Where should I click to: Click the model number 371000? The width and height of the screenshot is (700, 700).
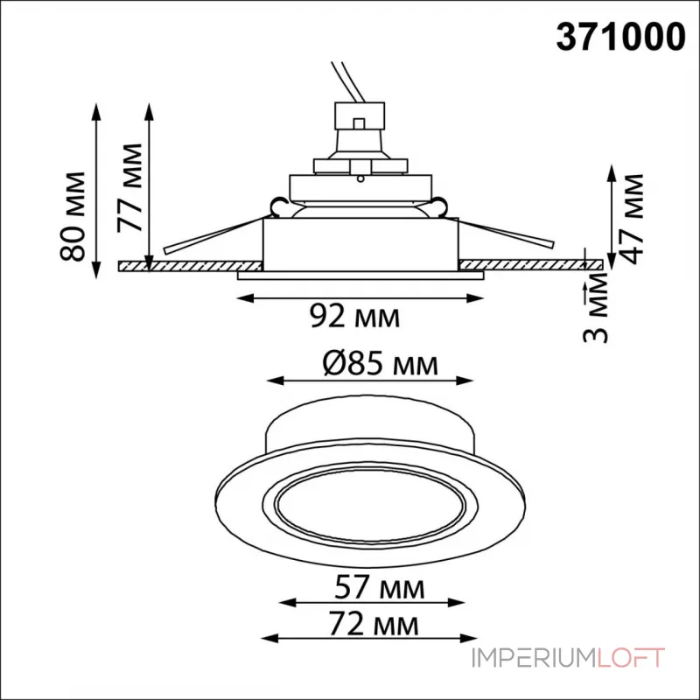pos(620,37)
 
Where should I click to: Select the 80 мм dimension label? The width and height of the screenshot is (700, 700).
pos(72,216)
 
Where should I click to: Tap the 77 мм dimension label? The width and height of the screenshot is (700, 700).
pos(129,187)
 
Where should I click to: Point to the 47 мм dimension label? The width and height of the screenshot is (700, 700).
pos(631,219)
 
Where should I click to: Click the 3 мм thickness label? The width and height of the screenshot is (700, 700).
pos(596,307)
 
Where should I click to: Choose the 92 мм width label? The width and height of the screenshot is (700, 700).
pos(355,316)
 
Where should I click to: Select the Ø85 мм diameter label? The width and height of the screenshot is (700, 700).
pos(381,364)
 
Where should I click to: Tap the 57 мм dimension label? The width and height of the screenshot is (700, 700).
pos(380,587)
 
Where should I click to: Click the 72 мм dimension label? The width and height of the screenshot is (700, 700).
pos(374,623)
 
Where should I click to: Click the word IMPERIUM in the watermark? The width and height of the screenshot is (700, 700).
pos(534,658)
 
